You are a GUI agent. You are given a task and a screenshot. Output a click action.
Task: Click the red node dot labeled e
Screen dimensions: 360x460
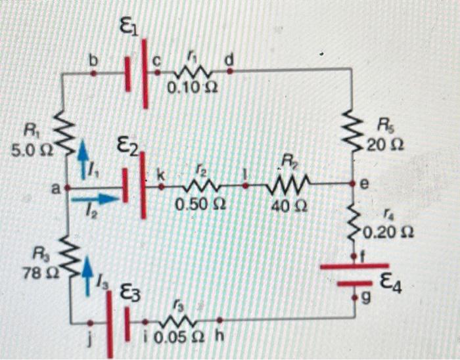[x=354, y=185]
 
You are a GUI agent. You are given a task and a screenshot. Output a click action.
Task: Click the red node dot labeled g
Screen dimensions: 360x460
[x=355, y=298]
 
